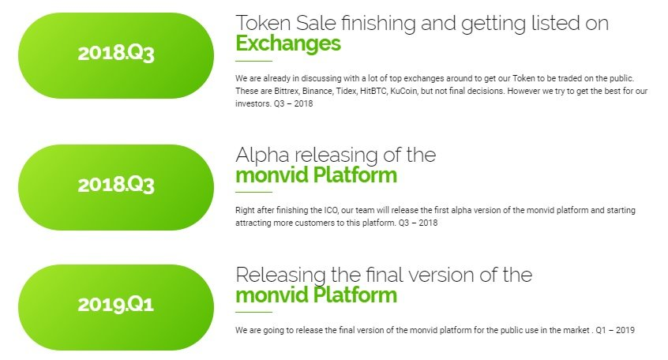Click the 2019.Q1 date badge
coord(116,307)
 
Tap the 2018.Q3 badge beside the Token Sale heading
coord(116,55)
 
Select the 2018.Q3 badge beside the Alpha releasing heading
coord(116,187)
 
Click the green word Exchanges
coord(288,43)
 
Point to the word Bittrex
coord(287,91)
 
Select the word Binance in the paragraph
coord(317,91)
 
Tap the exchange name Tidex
coord(347,91)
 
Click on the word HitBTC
coord(373,91)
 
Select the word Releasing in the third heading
coord(280,276)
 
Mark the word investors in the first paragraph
coord(253,103)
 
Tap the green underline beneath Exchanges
coord(254,61)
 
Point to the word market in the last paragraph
coord(576,330)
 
